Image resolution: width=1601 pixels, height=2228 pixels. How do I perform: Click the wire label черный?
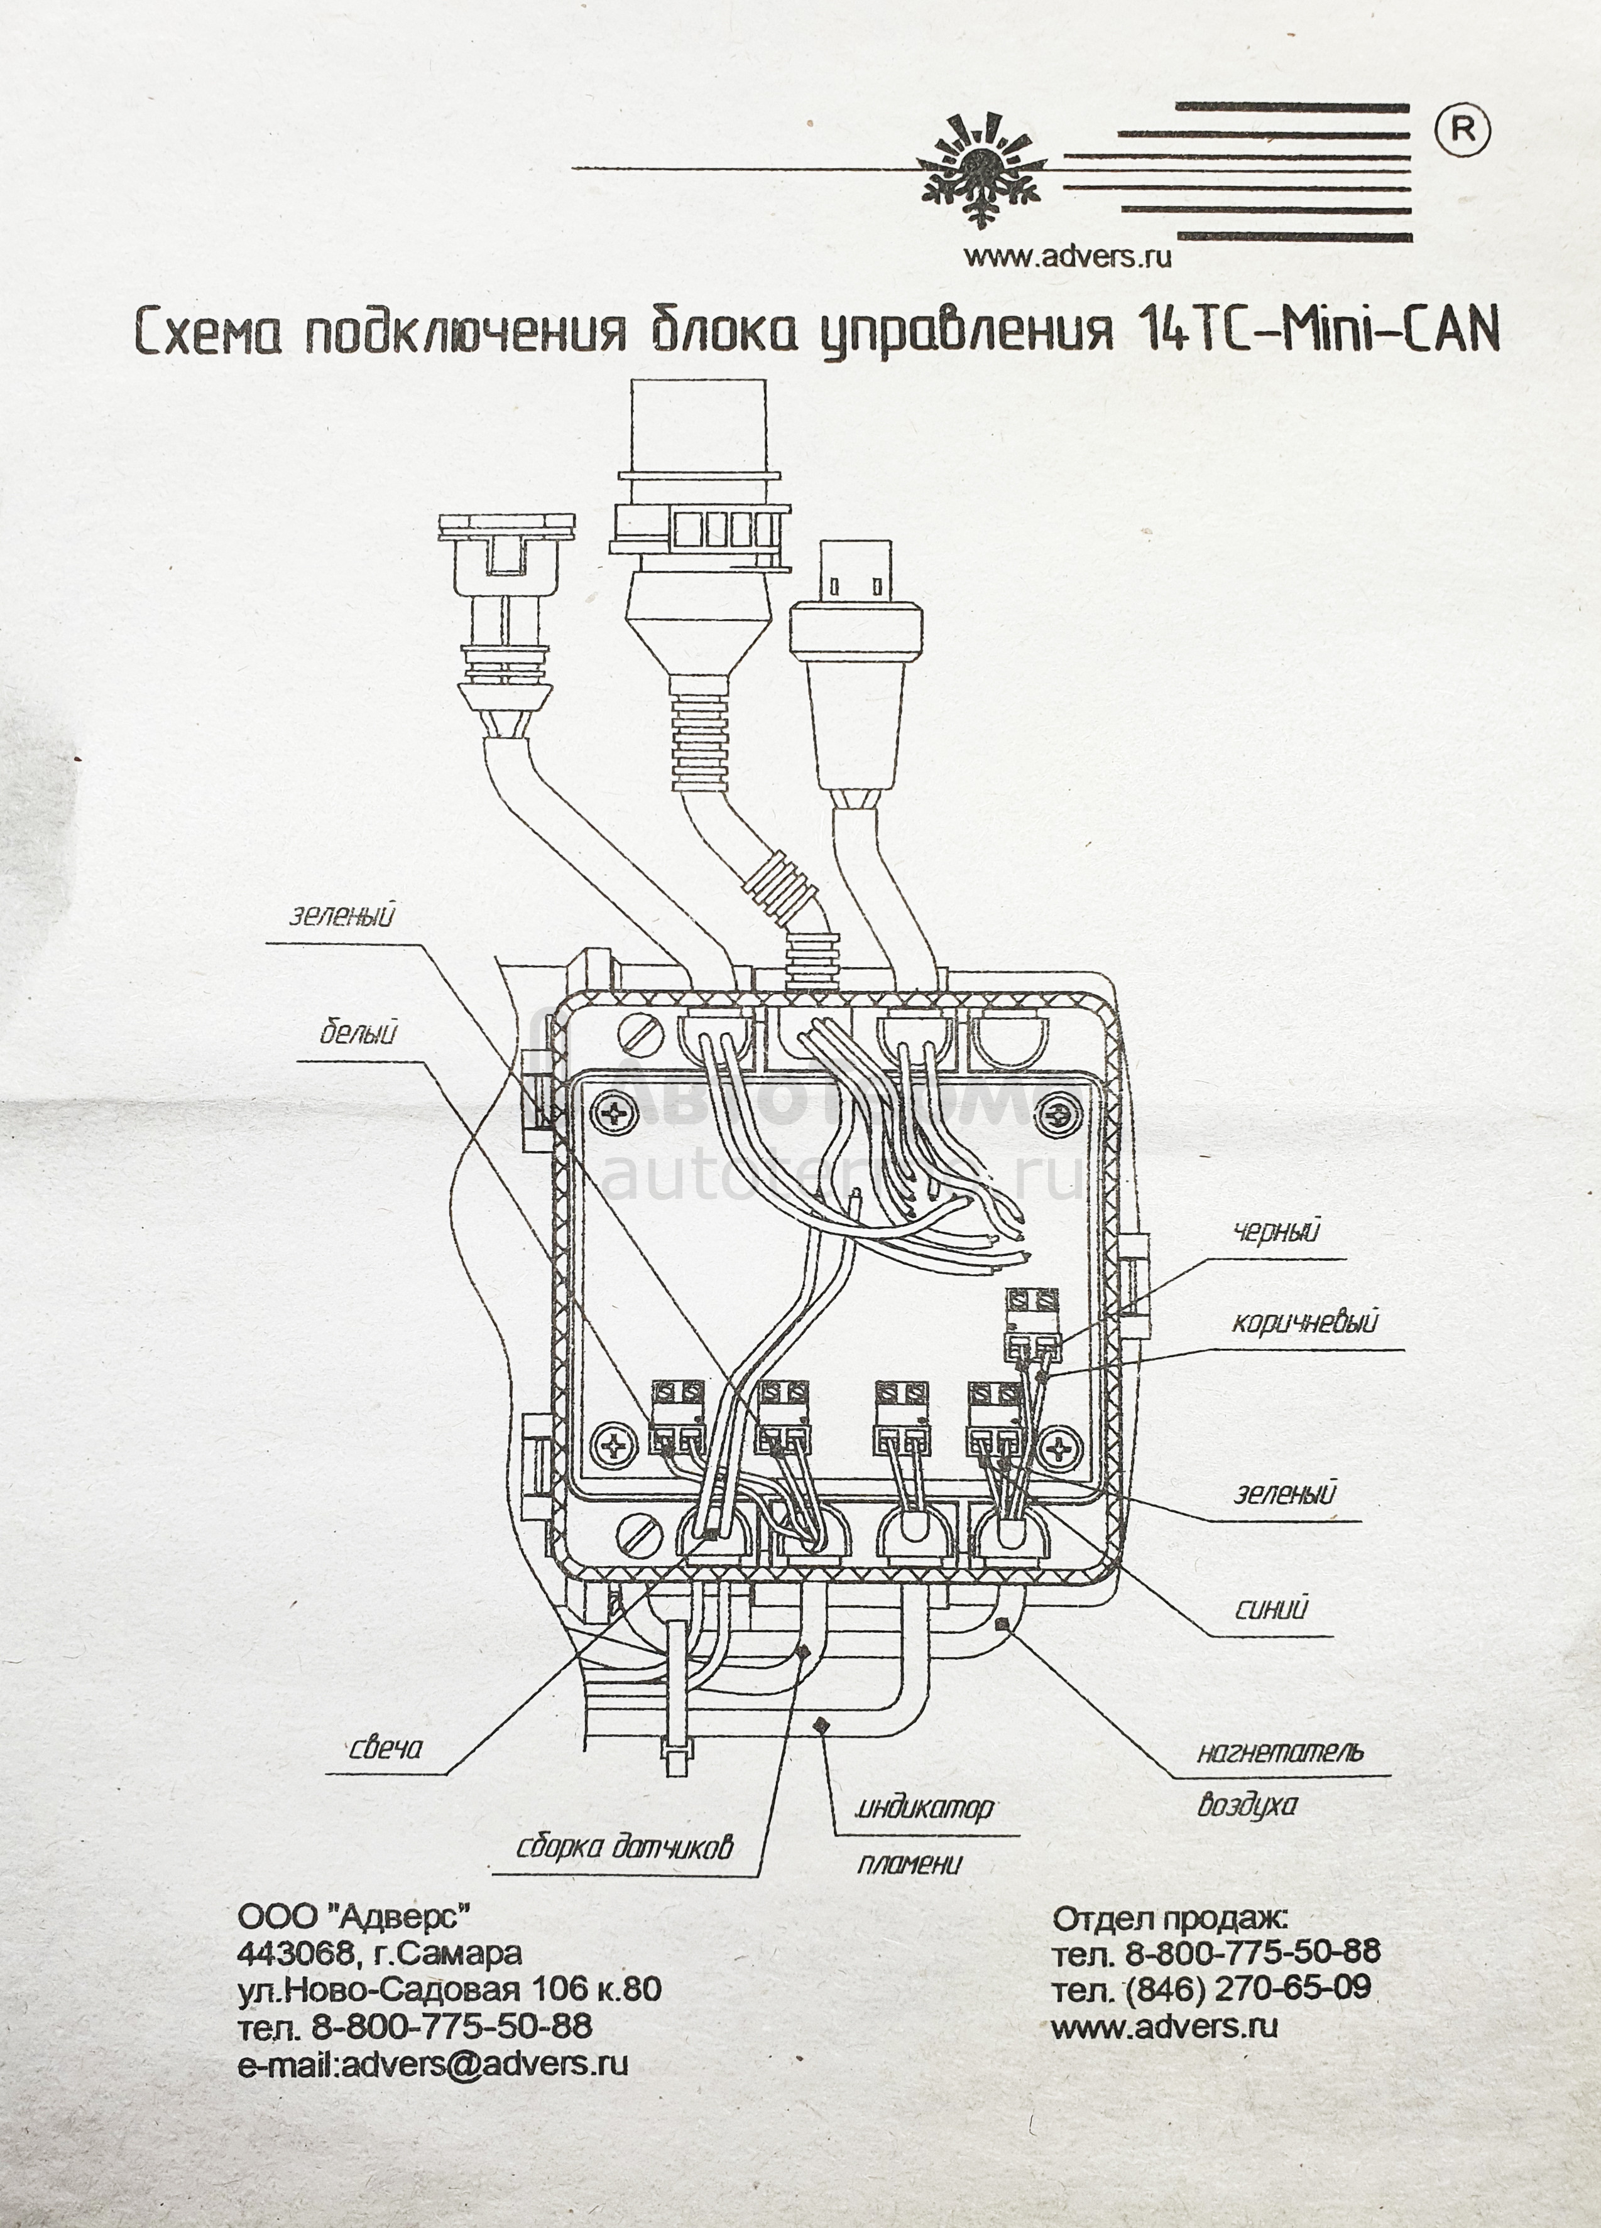[x=1277, y=1231]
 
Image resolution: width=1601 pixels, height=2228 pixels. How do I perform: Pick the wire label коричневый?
[x=1304, y=1322]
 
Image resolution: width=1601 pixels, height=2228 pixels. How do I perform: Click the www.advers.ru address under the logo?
[x=1068, y=257]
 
